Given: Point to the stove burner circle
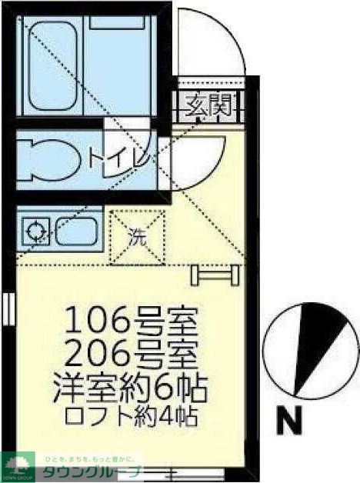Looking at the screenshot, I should (x=35, y=228).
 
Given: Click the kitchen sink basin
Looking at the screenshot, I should (x=75, y=230).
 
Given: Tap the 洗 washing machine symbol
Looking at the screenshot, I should (x=137, y=238).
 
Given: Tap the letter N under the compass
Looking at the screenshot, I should (x=287, y=421).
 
